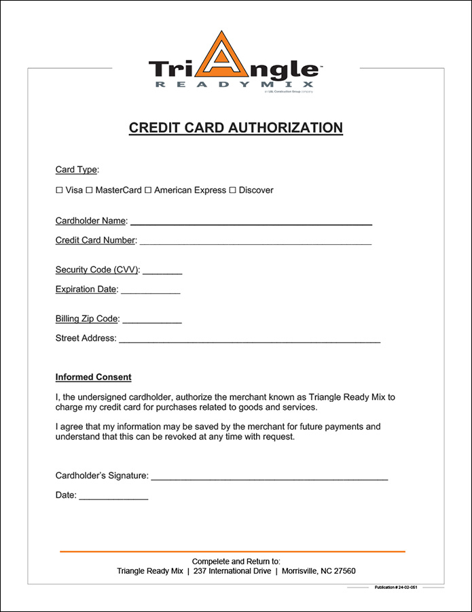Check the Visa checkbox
pos(59,190)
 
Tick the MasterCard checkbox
pos(89,190)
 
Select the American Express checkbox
pos(147,190)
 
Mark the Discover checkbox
pos(232,190)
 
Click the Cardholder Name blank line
pos(251,222)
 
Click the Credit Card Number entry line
pos(255,241)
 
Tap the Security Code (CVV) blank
pos(162,271)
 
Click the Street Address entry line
pos(249,339)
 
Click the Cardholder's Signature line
pos(269,477)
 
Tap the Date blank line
pos(113,497)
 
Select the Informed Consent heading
pos(93,377)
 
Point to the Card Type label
pos(77,169)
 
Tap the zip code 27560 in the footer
pos(344,571)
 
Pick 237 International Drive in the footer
pos(232,571)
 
